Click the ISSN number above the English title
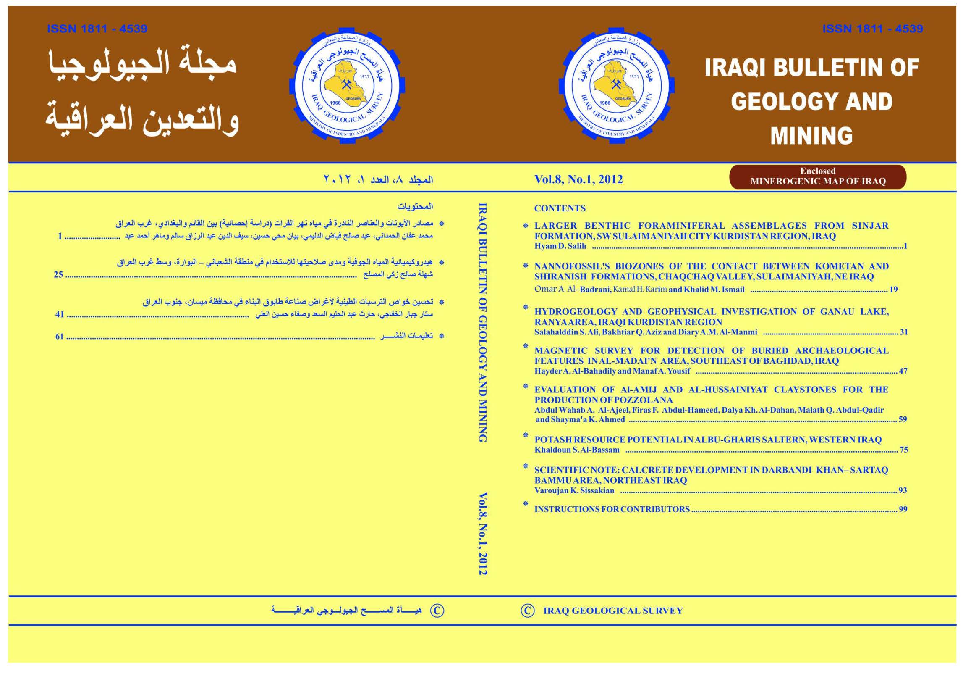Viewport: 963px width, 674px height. click(x=872, y=29)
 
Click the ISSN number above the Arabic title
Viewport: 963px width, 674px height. click(x=97, y=29)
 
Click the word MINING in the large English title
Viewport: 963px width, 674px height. click(x=811, y=135)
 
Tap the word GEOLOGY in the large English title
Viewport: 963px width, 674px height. click(x=775, y=102)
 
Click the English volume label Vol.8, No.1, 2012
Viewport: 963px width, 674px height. click(x=578, y=179)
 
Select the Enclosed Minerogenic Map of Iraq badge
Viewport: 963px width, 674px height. click(x=817, y=176)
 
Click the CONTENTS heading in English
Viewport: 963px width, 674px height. click(x=560, y=208)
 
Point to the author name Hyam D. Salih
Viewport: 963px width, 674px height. click(x=560, y=246)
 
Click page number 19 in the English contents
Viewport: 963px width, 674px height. click(x=893, y=290)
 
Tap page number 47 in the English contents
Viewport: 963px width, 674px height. click(x=903, y=371)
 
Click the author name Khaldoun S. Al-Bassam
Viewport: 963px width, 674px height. click(x=577, y=450)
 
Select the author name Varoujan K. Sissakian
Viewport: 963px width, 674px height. click(x=574, y=490)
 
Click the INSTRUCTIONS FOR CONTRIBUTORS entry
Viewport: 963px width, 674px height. click(x=612, y=509)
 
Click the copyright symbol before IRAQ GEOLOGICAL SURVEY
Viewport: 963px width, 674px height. click(x=527, y=611)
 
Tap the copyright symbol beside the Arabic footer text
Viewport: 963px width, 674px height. click(x=437, y=611)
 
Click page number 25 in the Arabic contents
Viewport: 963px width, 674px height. click(x=58, y=275)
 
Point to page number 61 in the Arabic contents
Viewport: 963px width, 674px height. click(x=59, y=337)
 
